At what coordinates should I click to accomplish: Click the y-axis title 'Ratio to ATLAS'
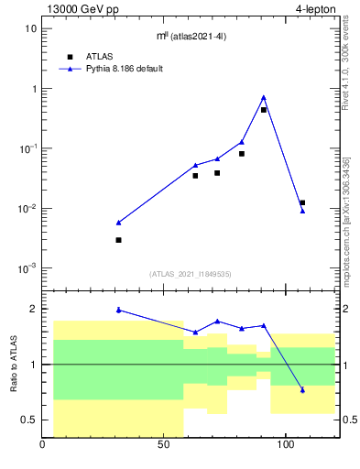pyautogui.click(x=14, y=365)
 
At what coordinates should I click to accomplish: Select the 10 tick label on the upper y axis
pyautogui.click(x=30, y=28)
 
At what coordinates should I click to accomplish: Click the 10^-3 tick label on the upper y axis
pyautogui.click(x=27, y=268)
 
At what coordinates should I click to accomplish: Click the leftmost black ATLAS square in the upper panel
pyautogui.click(x=119, y=240)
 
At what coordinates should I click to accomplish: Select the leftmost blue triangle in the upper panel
pyautogui.click(x=119, y=222)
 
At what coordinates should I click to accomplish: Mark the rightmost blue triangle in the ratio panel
pyautogui.click(x=302, y=390)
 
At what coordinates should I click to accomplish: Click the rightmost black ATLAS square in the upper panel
pyautogui.click(x=302, y=202)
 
